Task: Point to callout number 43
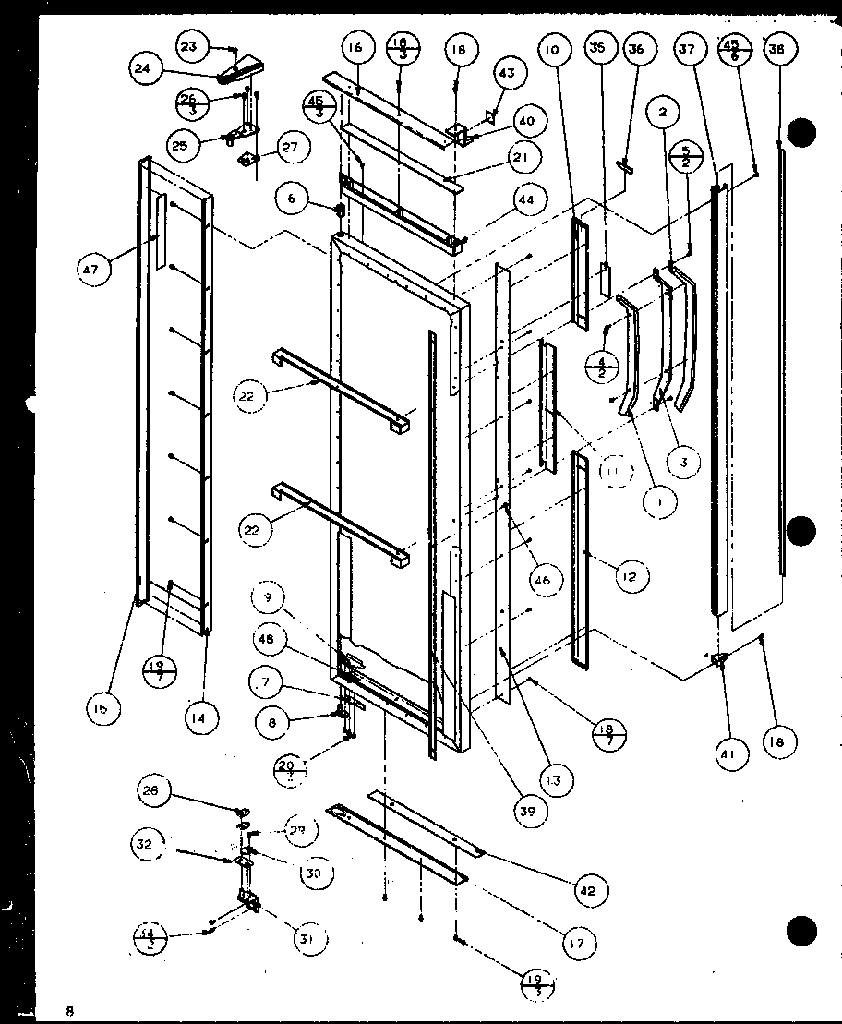(x=508, y=72)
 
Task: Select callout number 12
(x=629, y=577)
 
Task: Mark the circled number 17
(x=580, y=943)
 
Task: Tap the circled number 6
(x=292, y=197)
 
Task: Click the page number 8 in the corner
(x=68, y=1010)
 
